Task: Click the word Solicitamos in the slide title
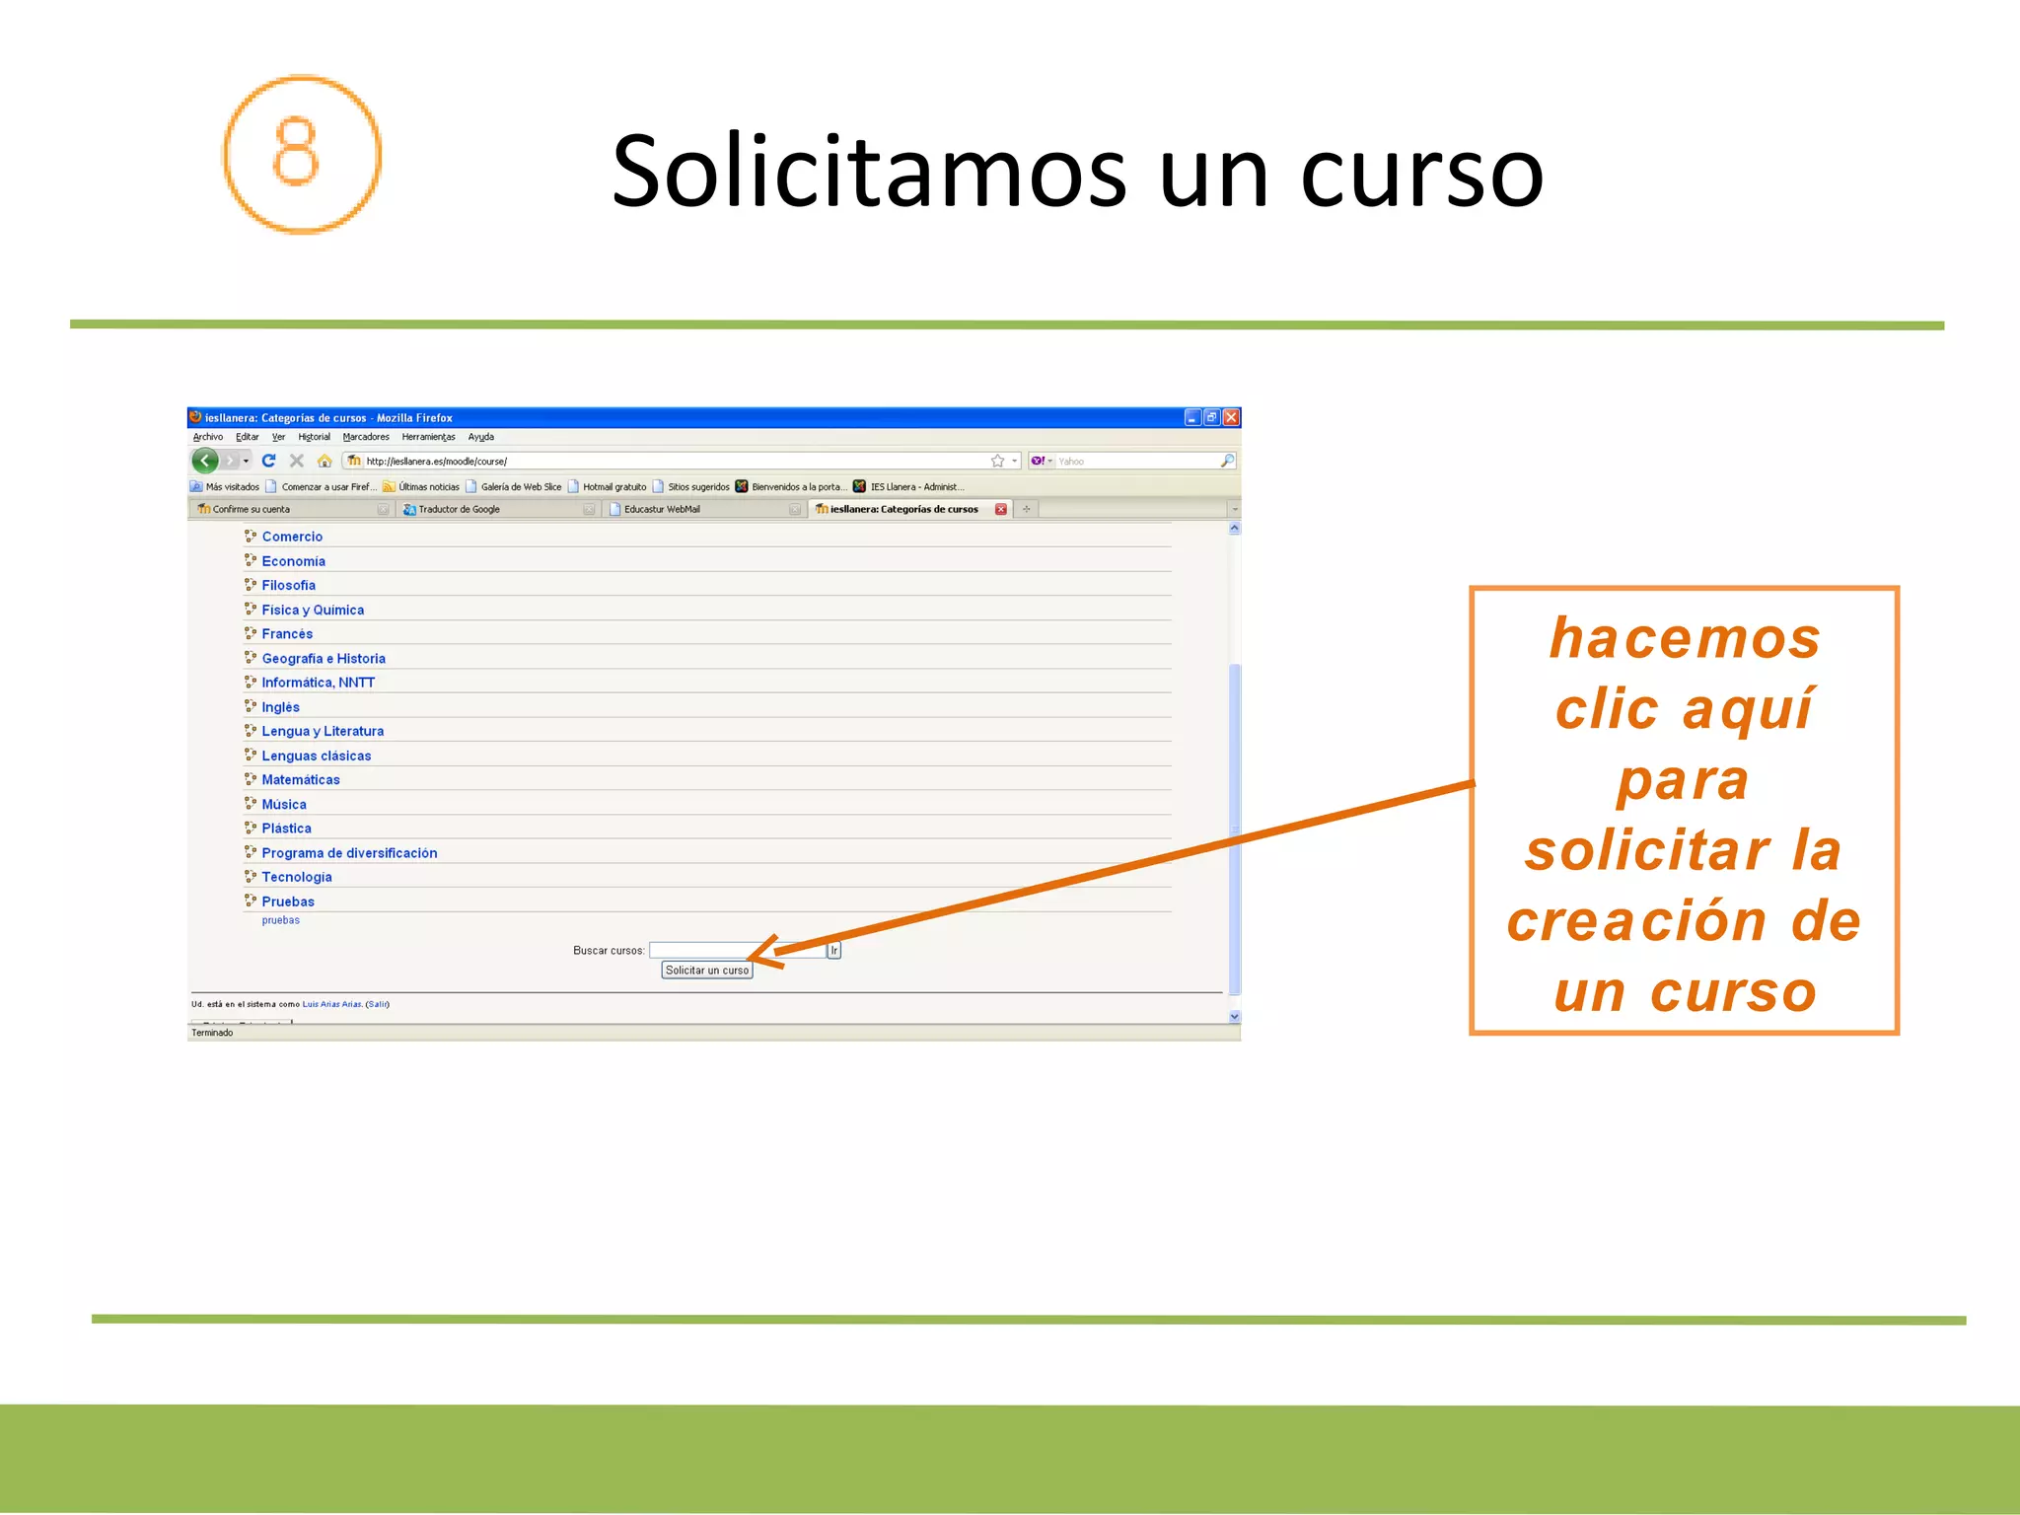pos(868,172)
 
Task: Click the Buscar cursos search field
pos(735,950)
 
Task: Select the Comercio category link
pos(292,537)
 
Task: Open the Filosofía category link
pos(288,585)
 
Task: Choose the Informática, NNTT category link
pos(318,683)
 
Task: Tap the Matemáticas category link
pos(300,779)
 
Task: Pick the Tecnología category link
pos(296,877)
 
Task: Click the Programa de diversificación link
pos(348,853)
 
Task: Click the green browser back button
pos(205,461)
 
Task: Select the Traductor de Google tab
pos(459,509)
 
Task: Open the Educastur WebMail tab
pos(662,509)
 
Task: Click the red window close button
pos(1230,417)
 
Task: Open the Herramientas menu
pos(428,437)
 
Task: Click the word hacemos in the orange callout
pos(1684,638)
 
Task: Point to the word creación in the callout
pos(1636,921)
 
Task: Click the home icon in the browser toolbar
pos(325,461)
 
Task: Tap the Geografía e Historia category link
pos(323,658)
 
